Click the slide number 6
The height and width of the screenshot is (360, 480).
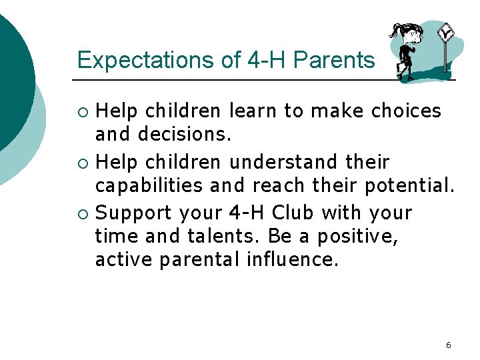tap(448, 345)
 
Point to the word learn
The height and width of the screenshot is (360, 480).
tap(253, 111)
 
